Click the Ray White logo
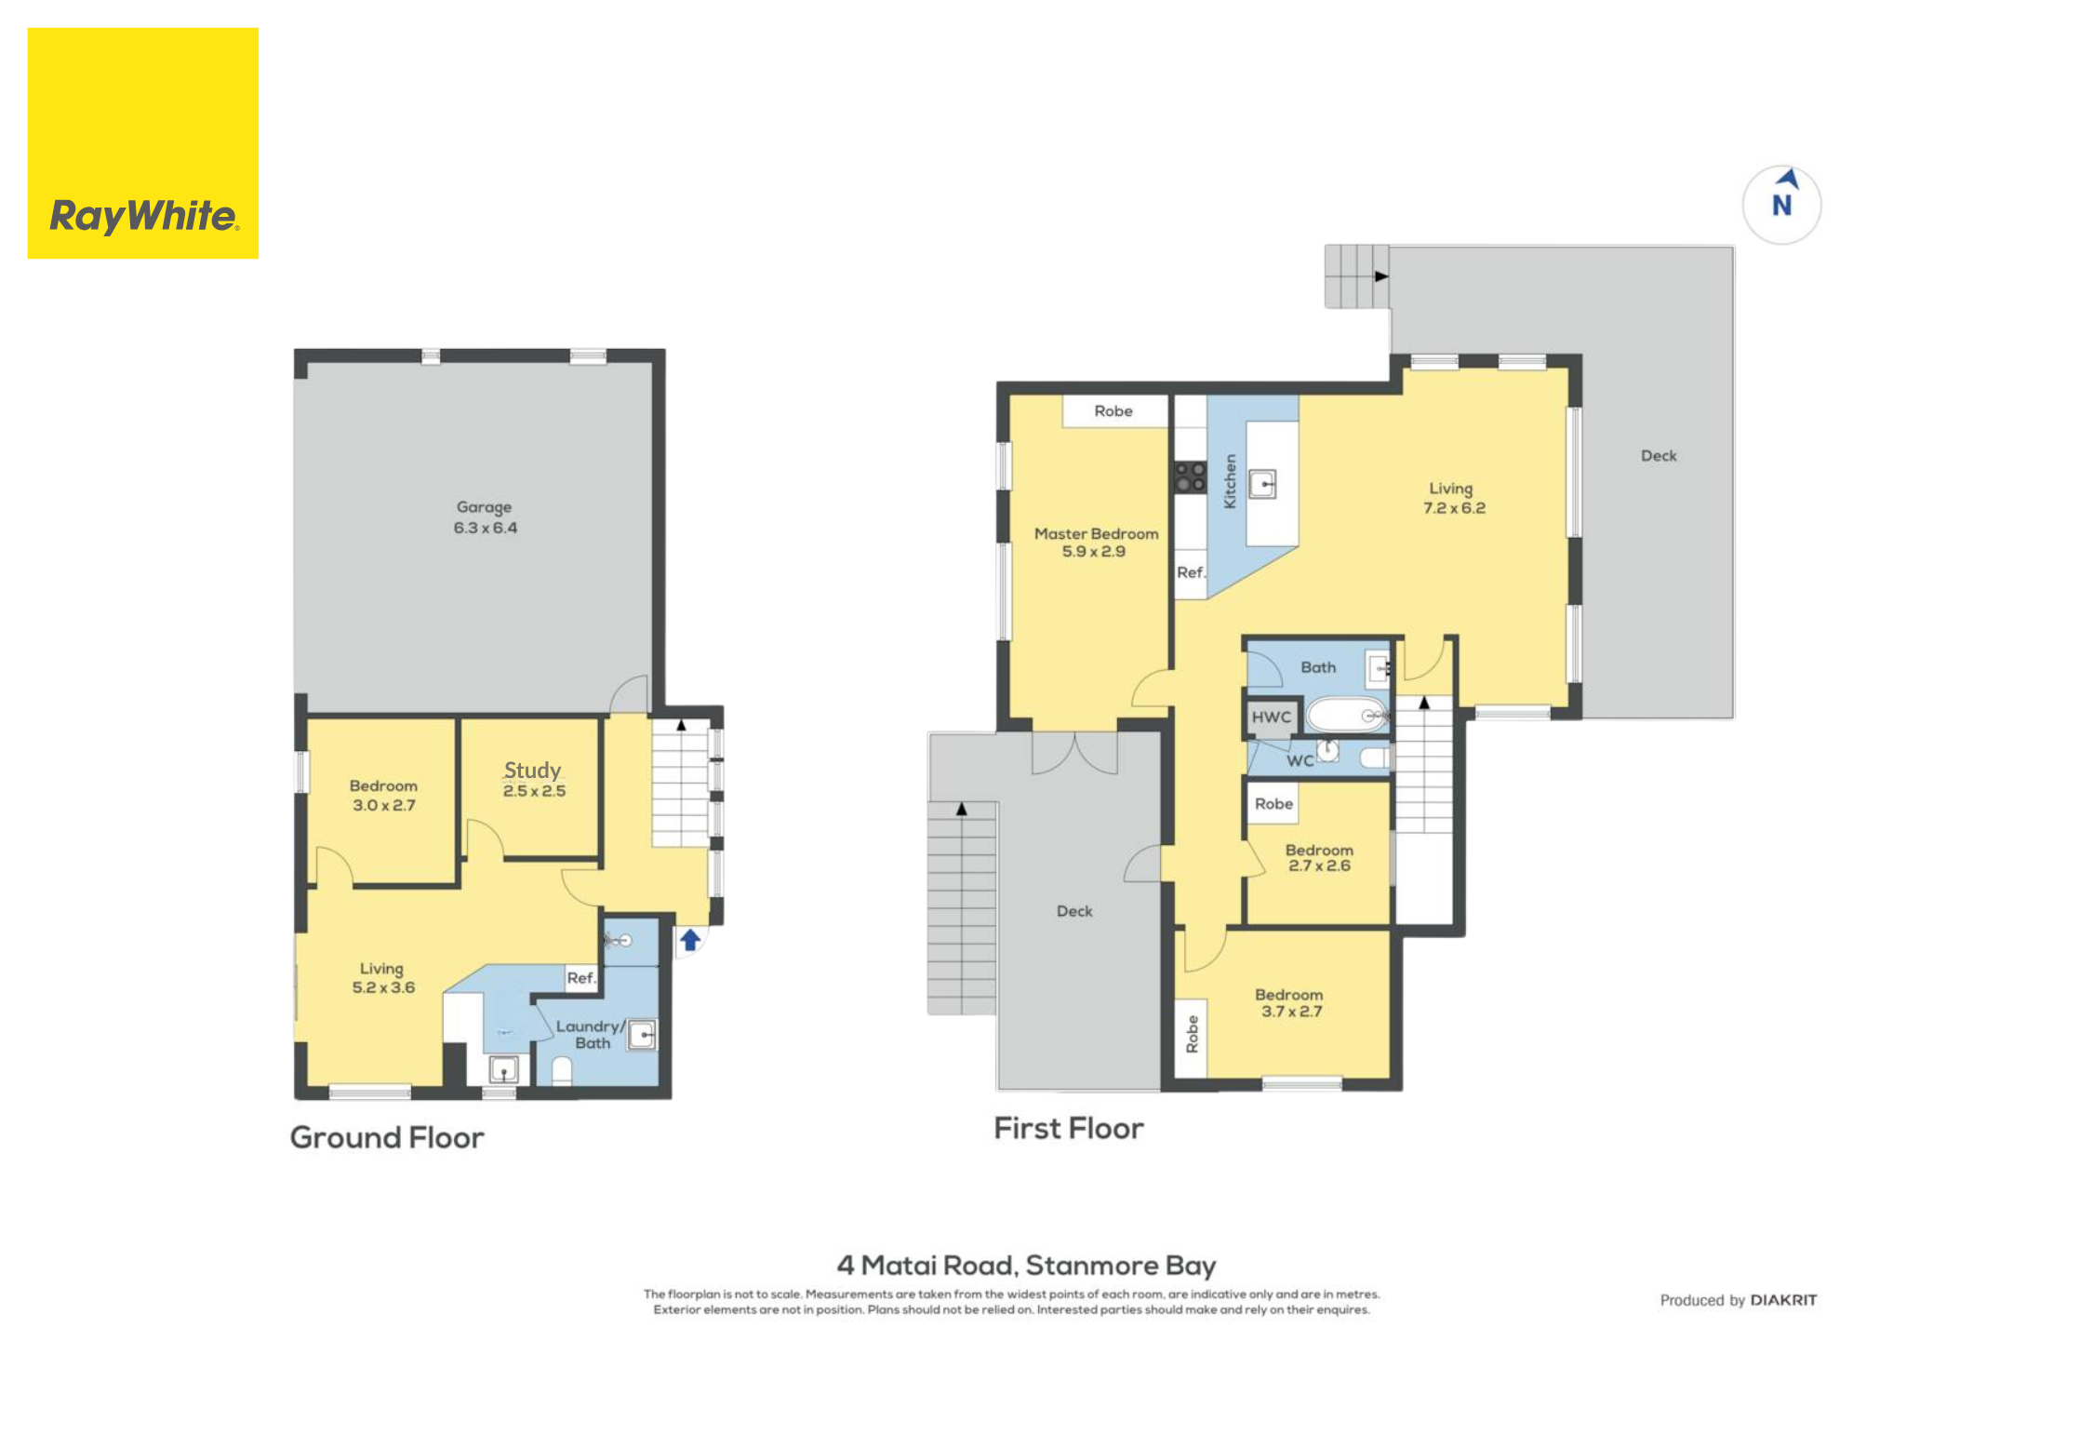[143, 143]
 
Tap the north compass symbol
[1780, 204]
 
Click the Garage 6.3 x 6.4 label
[485, 517]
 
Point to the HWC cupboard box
[1272, 717]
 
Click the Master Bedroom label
[1096, 543]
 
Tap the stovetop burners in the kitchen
[1190, 477]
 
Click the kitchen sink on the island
[1261, 484]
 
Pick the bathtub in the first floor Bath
[1347, 715]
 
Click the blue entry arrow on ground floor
[689, 940]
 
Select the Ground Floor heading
[387, 1137]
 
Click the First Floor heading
[1068, 1128]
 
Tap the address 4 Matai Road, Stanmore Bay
[1026, 1266]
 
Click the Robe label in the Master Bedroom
[1113, 411]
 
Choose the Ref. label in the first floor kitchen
[1191, 572]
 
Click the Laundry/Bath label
[591, 1034]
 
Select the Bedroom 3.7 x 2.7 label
[1289, 1003]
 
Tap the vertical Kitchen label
[1230, 481]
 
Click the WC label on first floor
[1300, 761]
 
